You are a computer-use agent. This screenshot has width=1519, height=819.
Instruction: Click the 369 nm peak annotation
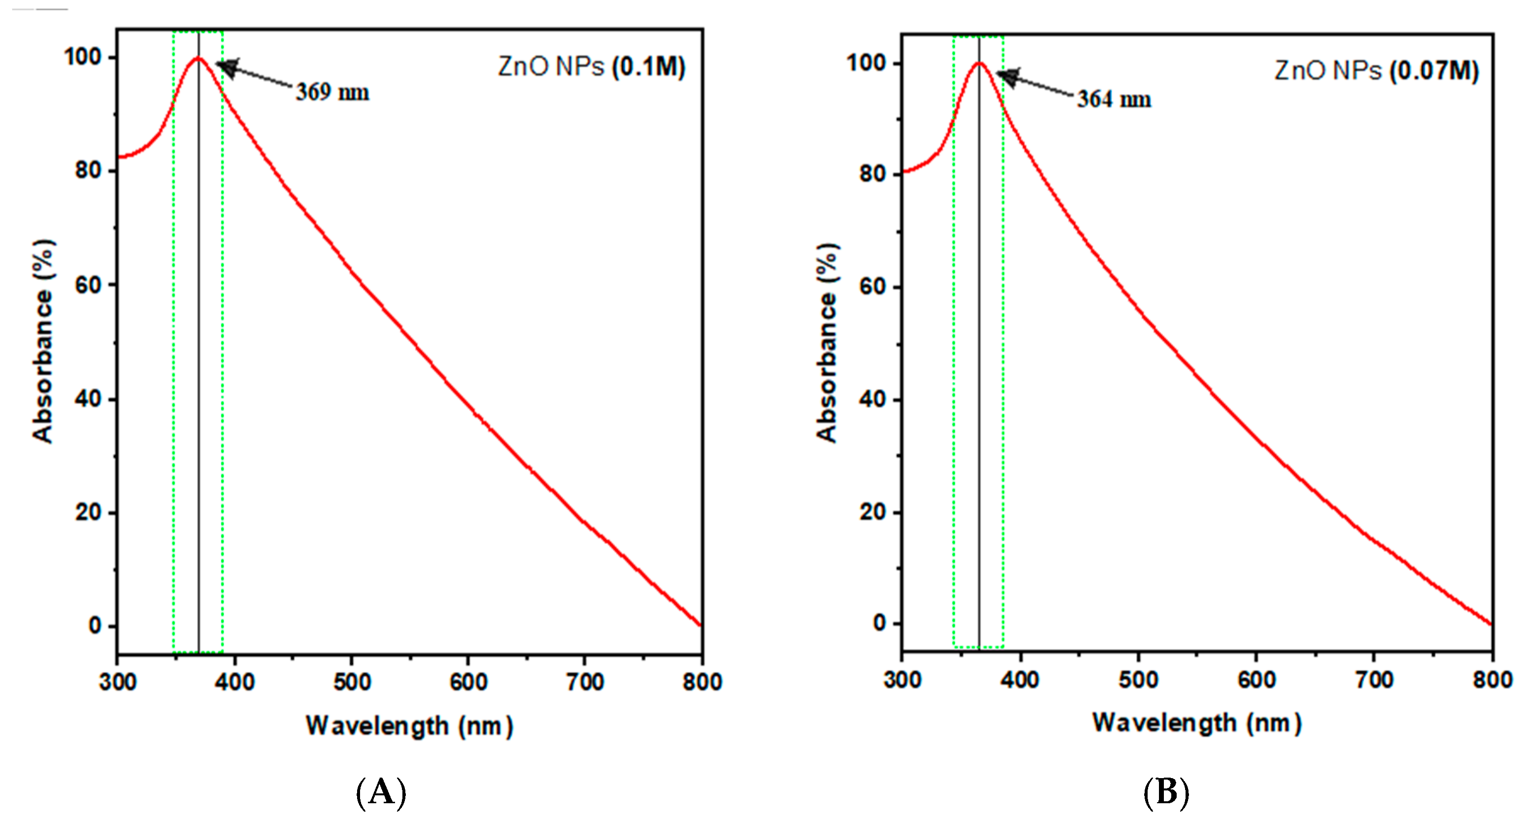pyautogui.click(x=332, y=92)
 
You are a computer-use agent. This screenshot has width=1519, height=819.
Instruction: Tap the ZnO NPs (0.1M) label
pyautogui.click(x=592, y=67)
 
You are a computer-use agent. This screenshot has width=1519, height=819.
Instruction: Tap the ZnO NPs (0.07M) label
pyautogui.click(x=1376, y=71)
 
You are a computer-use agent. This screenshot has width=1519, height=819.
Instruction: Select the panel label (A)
pyautogui.click(x=381, y=792)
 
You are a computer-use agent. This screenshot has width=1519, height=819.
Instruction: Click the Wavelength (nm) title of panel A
pyautogui.click(x=409, y=725)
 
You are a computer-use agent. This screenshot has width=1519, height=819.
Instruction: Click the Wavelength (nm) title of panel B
pyautogui.click(x=1196, y=722)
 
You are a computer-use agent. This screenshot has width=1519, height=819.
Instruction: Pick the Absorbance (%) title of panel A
pyautogui.click(x=43, y=341)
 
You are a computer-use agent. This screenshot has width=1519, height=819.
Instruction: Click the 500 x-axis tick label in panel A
pyautogui.click(x=352, y=682)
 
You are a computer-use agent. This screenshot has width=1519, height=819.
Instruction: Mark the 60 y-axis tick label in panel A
pyautogui.click(x=89, y=285)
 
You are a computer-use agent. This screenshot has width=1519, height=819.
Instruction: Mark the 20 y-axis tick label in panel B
pyautogui.click(x=873, y=512)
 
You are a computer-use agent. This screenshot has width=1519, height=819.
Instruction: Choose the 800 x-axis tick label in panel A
pyautogui.click(x=702, y=682)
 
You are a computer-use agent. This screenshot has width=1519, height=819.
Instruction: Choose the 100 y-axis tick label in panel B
pyautogui.click(x=866, y=63)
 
